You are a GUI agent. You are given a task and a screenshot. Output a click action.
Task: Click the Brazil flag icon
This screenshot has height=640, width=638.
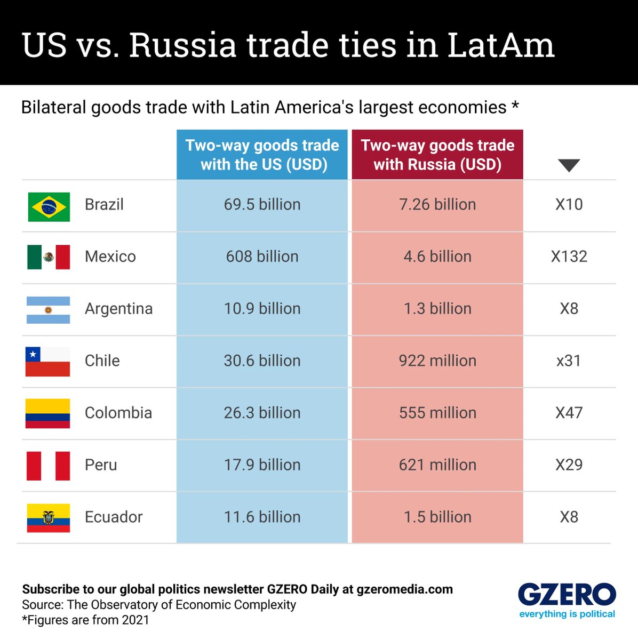click(49, 206)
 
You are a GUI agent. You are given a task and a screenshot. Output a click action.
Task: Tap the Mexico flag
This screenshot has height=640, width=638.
click(49, 257)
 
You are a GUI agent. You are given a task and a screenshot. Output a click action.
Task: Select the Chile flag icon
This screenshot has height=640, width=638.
click(48, 362)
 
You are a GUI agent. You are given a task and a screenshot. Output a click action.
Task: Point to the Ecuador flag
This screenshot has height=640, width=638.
click(49, 518)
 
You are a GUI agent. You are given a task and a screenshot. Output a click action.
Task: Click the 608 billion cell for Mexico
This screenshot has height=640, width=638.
click(262, 257)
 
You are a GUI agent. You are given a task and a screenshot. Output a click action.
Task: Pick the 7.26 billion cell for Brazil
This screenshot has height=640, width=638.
click(437, 204)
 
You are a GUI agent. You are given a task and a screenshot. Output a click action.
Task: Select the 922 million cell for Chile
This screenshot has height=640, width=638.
click(437, 361)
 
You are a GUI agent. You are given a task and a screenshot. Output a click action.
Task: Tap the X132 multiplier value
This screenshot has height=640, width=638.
click(569, 257)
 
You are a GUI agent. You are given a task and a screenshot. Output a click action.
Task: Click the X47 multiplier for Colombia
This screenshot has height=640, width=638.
click(569, 413)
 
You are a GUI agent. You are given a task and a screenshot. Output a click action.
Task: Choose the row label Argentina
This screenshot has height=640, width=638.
click(118, 309)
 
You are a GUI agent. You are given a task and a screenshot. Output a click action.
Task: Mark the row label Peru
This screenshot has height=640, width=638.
click(101, 465)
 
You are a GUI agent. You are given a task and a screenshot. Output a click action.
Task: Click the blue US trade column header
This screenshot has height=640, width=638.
click(262, 155)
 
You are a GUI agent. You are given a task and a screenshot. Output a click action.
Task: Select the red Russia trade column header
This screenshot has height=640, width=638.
click(437, 155)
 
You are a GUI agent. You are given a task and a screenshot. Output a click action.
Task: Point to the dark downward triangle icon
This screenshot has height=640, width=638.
click(569, 165)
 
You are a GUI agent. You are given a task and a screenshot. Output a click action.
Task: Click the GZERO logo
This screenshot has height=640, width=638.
click(567, 595)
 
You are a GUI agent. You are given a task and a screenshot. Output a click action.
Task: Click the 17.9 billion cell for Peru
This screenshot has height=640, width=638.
click(262, 465)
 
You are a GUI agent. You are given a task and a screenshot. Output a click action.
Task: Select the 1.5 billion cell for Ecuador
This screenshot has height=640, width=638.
click(437, 517)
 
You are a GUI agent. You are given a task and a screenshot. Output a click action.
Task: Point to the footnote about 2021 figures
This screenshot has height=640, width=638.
click(85, 620)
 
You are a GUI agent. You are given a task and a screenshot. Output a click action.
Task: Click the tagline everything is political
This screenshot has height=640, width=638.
click(567, 614)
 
